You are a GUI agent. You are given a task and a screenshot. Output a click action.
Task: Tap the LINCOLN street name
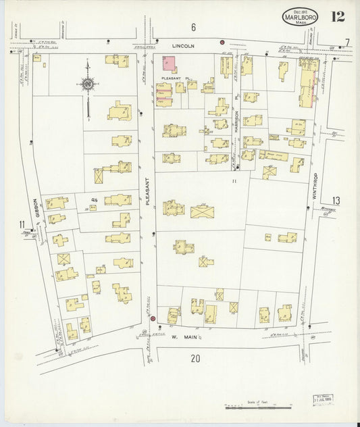pos(183,45)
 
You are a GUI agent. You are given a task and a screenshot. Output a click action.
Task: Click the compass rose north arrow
pos(88,84)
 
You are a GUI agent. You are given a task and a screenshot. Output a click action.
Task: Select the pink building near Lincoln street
pos(168,64)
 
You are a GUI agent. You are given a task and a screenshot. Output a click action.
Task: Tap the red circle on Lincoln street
pos(222,42)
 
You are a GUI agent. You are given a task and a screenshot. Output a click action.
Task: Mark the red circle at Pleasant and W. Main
pos(153,319)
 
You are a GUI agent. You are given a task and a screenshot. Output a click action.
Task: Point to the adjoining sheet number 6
pos(192,27)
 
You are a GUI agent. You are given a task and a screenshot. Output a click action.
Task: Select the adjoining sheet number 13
pos(336,199)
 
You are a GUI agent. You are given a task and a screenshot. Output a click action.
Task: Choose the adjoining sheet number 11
pos(22,224)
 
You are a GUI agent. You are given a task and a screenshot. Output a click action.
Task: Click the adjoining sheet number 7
pos(347,43)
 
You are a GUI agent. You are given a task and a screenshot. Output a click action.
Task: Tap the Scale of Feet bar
pos(259,407)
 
